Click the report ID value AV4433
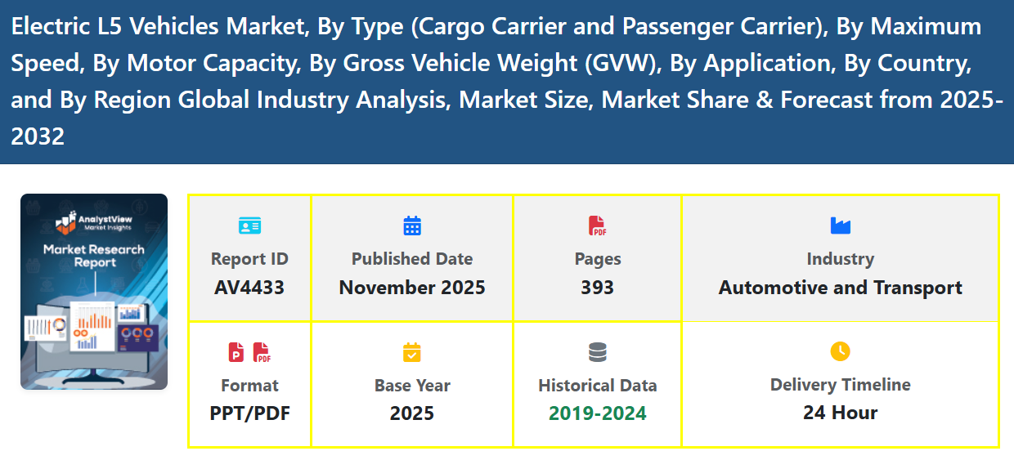249,288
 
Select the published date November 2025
412,288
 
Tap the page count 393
598,288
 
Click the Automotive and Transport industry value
840,288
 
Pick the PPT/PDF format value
249,413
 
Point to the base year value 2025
412,413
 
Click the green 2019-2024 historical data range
598,413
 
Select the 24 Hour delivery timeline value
840,413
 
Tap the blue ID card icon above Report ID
249,226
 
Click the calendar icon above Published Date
412,226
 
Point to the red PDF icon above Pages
597,226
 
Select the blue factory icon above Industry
840,225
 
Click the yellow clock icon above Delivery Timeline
840,351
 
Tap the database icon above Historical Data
598,352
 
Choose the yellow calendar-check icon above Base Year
412,352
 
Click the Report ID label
249,259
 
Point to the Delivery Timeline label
840,385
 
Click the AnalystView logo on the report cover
93,221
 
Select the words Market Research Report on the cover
94,256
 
